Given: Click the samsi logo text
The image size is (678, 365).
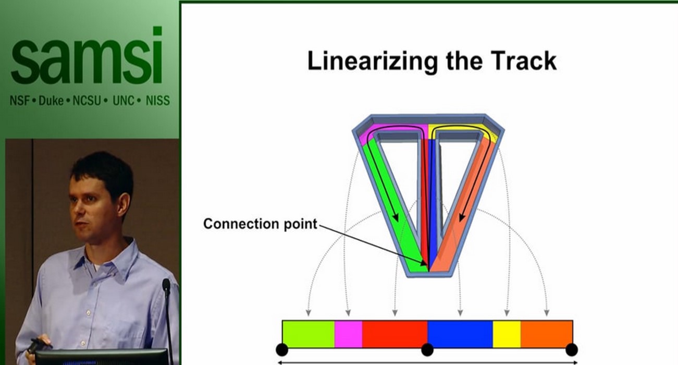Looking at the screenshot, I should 87,58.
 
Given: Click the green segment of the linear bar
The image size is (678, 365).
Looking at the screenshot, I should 308,334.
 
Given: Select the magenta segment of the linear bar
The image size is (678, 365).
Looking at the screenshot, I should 348,334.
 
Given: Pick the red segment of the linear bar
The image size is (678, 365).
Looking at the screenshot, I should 395,334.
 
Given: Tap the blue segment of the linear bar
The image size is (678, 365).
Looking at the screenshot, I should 460,334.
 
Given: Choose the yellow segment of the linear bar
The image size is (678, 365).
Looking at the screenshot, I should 507,334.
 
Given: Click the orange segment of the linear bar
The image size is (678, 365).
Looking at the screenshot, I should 547,334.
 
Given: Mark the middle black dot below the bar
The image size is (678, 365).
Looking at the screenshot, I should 427,349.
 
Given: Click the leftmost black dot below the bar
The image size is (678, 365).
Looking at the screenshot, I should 282,349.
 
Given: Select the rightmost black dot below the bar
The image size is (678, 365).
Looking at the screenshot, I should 572,349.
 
